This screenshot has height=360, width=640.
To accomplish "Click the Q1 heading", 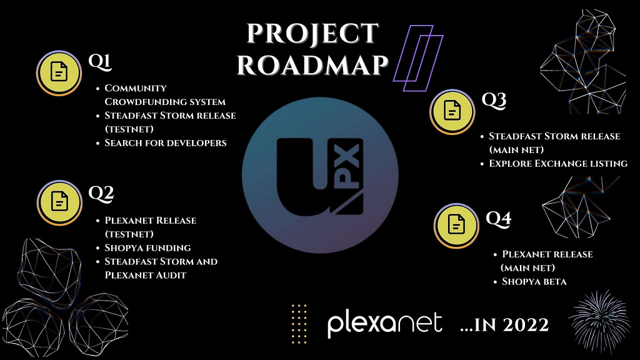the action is tap(100, 62).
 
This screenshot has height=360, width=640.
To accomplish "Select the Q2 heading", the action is tap(101, 194).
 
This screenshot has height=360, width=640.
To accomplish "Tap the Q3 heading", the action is tap(494, 101).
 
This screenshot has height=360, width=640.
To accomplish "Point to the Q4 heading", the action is tap(498, 219).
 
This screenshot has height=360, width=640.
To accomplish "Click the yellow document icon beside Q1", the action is tap(59, 73).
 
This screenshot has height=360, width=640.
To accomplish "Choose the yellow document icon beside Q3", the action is tap(452, 111).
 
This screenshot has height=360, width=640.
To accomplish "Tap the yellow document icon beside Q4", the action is tap(456, 226).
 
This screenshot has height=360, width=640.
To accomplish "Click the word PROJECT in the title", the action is tap(312, 34).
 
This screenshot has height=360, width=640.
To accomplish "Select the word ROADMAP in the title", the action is tap(312, 65).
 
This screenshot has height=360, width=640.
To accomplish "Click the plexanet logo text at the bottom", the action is tap(384, 324).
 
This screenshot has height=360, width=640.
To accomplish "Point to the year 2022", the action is tap(526, 325).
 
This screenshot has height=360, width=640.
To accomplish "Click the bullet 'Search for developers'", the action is tap(165, 143).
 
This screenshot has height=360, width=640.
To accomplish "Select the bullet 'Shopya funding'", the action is tap(147, 247).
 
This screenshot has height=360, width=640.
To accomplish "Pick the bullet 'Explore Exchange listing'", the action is tap(558, 164).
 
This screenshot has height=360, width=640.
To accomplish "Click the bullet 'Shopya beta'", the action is tap(534, 282).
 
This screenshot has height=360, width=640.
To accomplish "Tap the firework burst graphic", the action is tap(599, 322).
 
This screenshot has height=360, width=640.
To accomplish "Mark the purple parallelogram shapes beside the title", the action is tap(418, 58).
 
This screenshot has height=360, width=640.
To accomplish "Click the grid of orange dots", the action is tap(299, 324).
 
